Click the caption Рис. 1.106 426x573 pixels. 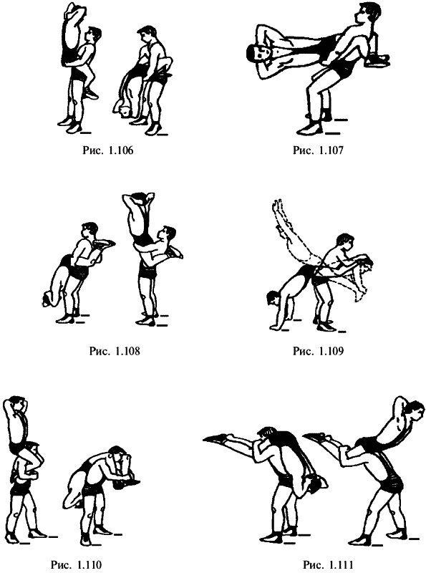click(x=108, y=150)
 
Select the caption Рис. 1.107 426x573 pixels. click(x=318, y=150)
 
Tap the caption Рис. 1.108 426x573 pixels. click(x=115, y=351)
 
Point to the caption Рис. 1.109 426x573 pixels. click(x=318, y=351)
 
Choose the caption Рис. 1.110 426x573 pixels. click(x=76, y=565)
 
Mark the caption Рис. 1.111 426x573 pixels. click(x=328, y=565)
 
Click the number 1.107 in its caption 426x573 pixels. click(x=331, y=150)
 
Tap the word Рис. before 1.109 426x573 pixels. click(x=304, y=351)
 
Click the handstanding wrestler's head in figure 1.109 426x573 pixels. click(x=273, y=298)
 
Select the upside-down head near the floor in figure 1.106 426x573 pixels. click(x=123, y=110)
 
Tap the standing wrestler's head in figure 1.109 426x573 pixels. click(x=345, y=242)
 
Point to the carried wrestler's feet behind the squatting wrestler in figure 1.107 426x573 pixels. click(x=378, y=59)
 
